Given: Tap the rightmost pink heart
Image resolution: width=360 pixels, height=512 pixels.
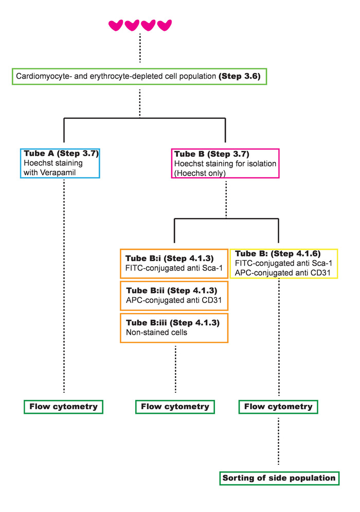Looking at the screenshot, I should (x=165, y=25).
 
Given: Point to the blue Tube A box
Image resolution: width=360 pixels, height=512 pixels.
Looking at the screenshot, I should (x=60, y=163).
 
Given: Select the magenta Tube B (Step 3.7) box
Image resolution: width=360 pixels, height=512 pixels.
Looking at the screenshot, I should (x=225, y=163).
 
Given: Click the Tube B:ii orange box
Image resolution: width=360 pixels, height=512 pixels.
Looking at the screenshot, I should (x=174, y=295).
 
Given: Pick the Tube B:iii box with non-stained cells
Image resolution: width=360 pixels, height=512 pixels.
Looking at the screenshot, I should (x=174, y=327).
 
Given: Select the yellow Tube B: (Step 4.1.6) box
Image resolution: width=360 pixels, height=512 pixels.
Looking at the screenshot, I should (x=284, y=263).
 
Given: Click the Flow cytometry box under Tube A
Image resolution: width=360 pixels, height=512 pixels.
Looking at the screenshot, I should (x=64, y=407).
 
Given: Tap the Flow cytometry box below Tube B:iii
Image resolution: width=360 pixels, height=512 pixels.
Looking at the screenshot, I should (x=175, y=407).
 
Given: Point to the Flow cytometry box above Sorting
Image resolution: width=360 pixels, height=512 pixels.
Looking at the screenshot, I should (x=278, y=407).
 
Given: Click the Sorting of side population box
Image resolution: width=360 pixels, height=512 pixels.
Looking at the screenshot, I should (x=279, y=478).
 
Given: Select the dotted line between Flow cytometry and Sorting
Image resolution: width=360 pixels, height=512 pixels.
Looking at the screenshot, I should (x=278, y=442).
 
